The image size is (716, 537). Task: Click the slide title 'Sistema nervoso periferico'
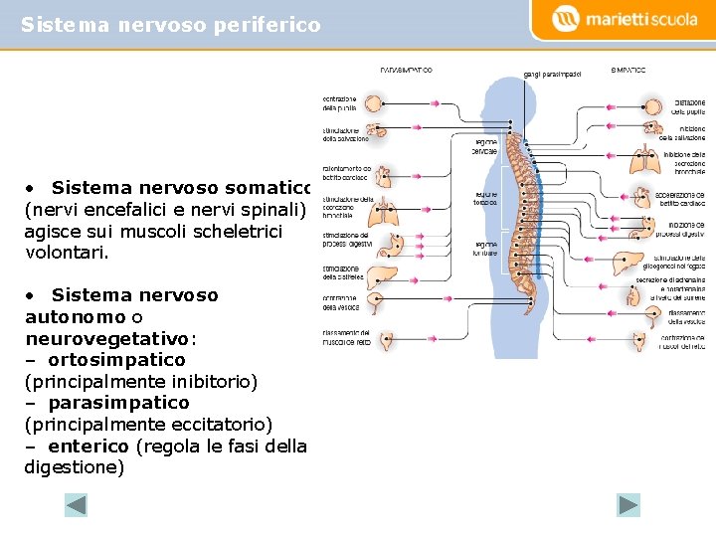[171, 24]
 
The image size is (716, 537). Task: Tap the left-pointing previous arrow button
[77, 505]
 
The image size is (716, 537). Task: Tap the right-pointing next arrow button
[628, 505]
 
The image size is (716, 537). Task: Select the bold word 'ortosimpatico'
[116, 359]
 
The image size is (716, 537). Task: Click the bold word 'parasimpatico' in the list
[118, 403]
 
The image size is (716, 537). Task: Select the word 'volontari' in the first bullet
[67, 253]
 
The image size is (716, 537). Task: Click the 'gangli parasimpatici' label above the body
[553, 74]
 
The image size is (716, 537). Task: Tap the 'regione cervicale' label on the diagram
[485, 146]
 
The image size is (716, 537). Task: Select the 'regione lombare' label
[485, 249]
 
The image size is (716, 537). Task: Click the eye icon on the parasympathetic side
[379, 102]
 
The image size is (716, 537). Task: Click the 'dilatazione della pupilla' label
[689, 107]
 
